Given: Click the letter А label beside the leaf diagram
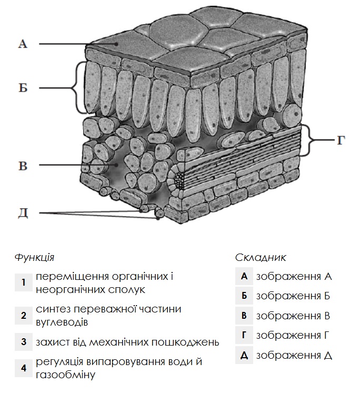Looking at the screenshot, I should tap(22, 44).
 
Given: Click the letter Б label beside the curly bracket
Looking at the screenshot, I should tap(22, 87).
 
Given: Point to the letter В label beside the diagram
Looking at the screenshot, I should tap(22, 166).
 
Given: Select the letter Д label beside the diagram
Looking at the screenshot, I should tap(22, 213).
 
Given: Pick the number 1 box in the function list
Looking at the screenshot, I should tap(24, 282).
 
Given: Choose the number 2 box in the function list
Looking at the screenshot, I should tap(24, 315).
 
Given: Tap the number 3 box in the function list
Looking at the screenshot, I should tap(24, 342).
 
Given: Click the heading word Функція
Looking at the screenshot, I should tap(35, 257).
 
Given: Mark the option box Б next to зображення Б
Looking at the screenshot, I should tap(244, 296).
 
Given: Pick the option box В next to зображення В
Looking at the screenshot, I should tap(244, 316).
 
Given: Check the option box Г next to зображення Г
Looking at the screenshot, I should tap(244, 336).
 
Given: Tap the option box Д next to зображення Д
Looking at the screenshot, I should tap(244, 355).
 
